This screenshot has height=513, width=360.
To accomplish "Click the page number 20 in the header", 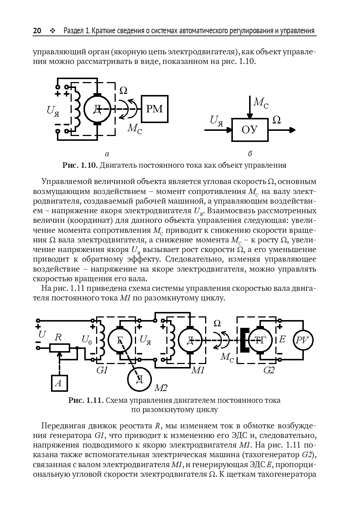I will (37, 31).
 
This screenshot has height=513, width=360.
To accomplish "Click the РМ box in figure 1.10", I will (154, 109).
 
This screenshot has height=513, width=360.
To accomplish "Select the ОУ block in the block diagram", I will (250, 130).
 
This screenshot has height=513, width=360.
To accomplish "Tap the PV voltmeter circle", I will (303, 340).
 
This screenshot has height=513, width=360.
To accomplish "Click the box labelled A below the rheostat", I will (58, 383).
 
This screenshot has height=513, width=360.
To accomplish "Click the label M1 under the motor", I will (198, 370).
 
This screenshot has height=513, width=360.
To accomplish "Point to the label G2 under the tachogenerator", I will (269, 370).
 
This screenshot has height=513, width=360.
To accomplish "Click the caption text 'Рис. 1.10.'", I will (80, 165).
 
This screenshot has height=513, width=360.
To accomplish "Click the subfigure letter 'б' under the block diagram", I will (250, 154).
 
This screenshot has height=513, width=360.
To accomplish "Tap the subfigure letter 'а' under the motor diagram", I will (107, 154).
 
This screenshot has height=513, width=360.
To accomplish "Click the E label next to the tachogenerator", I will (282, 339).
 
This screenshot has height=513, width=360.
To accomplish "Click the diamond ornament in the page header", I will (52, 31).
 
